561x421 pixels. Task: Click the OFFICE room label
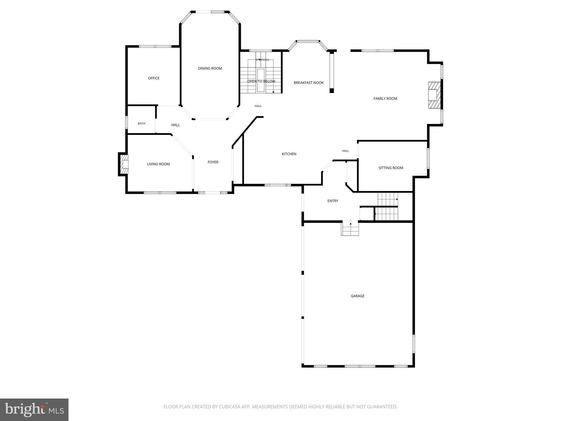coord(154,78)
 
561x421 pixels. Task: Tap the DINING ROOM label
coord(210,69)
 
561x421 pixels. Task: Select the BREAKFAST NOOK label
coord(309,83)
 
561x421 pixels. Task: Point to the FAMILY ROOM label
coord(385,99)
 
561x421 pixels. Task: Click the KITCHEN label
coord(289,154)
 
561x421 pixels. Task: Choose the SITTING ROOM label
coord(391,168)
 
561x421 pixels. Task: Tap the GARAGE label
coord(357,296)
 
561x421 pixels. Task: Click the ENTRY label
coord(333,201)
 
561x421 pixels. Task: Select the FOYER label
coord(213,162)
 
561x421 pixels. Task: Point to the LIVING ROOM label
coord(158,164)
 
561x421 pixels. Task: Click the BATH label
coord(141,124)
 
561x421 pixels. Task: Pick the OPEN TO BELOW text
coord(261,81)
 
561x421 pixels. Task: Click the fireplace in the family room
coord(435,95)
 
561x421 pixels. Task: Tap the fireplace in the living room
coord(124,164)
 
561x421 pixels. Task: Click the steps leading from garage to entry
coord(350,228)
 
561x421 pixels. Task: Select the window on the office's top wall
coord(155,46)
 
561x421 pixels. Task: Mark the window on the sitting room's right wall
coord(428,158)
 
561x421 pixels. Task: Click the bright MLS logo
coord(34,409)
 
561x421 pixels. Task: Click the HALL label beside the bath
coord(176,125)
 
